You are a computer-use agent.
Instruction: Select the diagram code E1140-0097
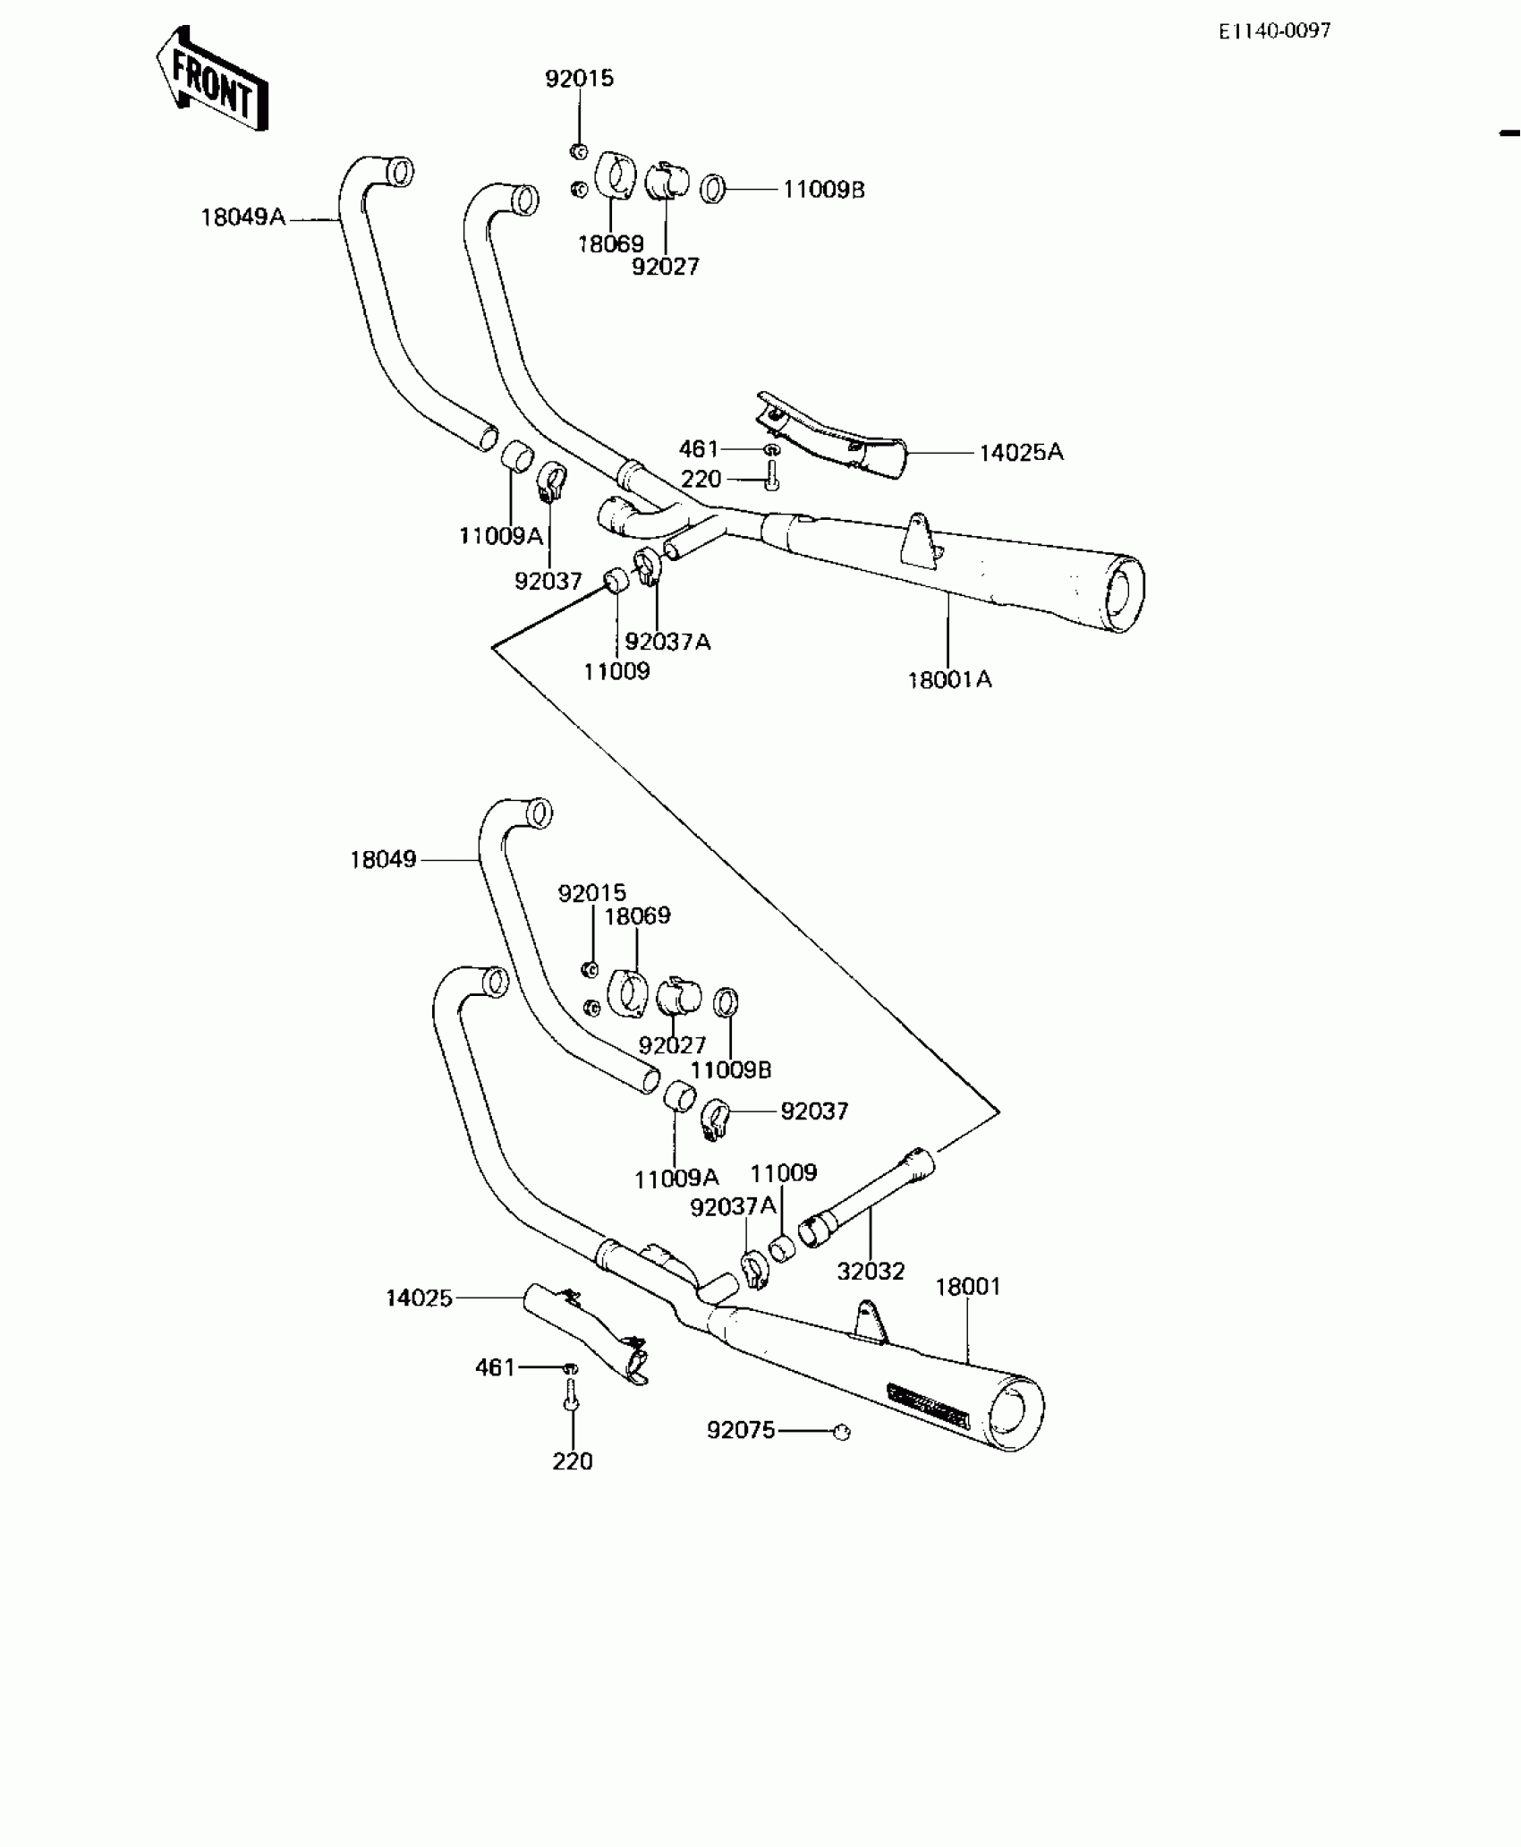[1274, 31]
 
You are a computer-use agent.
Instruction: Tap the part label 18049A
[242, 217]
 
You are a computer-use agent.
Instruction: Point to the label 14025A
[1021, 453]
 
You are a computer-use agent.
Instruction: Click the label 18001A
[949, 680]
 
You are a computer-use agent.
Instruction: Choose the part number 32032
[871, 1271]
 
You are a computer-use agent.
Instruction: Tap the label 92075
[741, 1430]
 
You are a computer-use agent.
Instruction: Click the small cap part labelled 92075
[840, 1432]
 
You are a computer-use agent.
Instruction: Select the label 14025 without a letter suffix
[419, 1298]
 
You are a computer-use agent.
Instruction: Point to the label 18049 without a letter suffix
[383, 860]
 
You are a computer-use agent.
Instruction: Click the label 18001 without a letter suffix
[968, 1287]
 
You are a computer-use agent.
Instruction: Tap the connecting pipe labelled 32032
[868, 1197]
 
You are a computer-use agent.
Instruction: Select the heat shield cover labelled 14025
[586, 1337]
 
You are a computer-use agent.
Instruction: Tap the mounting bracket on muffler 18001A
[920, 540]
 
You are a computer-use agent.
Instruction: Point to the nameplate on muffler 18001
[928, 1406]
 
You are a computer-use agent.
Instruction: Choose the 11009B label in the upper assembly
[823, 190]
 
